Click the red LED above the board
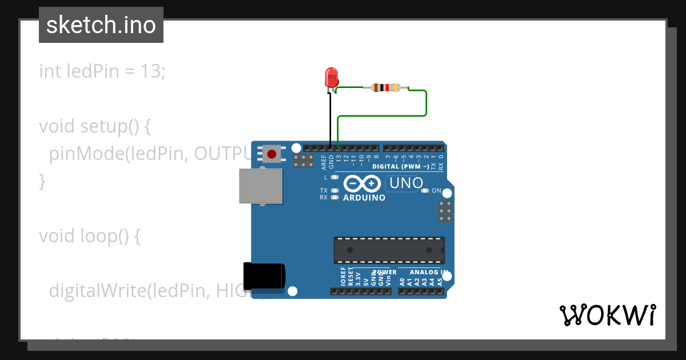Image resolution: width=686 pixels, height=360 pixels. click(331, 77)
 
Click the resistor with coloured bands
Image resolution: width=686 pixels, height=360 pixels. click(386, 87)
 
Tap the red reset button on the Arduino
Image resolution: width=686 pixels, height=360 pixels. click(272, 154)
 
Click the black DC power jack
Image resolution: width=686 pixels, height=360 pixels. click(264, 277)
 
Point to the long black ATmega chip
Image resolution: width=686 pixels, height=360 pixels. click(389, 250)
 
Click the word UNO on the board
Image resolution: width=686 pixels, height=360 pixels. click(406, 183)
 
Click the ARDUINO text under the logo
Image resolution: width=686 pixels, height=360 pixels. click(364, 198)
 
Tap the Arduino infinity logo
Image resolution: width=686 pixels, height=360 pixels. click(362, 183)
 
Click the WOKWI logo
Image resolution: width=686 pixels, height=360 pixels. click(607, 315)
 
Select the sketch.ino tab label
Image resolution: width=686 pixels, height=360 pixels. click(101, 25)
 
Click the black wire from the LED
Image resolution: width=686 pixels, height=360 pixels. click(330, 117)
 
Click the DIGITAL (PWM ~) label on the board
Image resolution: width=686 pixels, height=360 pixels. click(400, 167)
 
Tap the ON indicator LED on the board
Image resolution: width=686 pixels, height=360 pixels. click(425, 191)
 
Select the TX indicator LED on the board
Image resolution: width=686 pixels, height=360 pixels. click(335, 190)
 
